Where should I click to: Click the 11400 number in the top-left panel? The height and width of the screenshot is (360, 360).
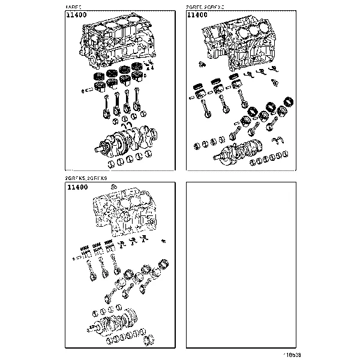point(77,16)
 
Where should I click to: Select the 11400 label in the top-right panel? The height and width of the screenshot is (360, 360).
point(199,16)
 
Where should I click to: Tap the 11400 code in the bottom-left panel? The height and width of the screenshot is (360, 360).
point(77,188)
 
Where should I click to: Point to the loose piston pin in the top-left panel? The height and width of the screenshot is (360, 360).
point(91,91)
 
